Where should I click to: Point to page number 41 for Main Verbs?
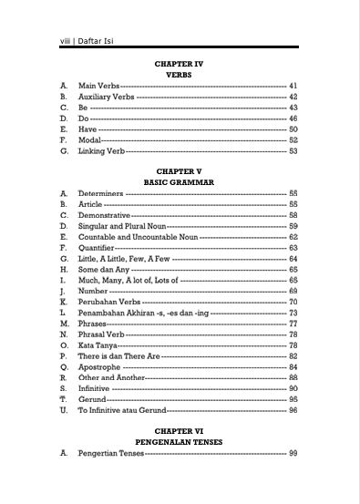pyautogui.click(x=293, y=85)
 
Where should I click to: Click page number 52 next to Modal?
pyautogui.click(x=293, y=140)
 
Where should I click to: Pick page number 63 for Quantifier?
pyautogui.click(x=293, y=247)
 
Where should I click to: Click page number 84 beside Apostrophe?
pyautogui.click(x=293, y=367)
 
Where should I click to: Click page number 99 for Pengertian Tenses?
pyautogui.click(x=293, y=453)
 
